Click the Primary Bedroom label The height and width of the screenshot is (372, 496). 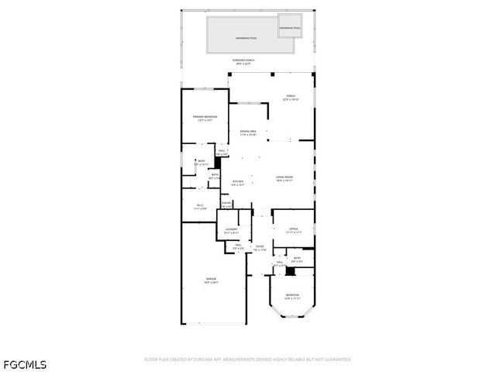[x=205, y=117]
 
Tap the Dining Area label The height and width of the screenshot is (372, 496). [x=248, y=132]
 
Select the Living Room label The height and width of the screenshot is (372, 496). [x=284, y=177]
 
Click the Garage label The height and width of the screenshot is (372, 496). [x=211, y=279]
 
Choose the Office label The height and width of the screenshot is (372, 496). [x=294, y=229]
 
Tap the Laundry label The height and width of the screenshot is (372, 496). [x=231, y=230]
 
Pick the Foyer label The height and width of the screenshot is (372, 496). [x=260, y=247]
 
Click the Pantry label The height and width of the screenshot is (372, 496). [x=227, y=204]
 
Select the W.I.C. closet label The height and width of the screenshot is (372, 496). [x=199, y=205]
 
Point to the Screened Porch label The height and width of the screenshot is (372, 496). [x=245, y=60]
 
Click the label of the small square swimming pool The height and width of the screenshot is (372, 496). [x=291, y=28]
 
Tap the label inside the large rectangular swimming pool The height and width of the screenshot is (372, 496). [x=246, y=37]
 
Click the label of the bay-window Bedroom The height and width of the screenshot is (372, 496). [x=291, y=295]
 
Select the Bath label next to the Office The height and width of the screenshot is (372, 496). [x=297, y=258]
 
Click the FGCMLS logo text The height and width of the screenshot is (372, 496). [x=24, y=363]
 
